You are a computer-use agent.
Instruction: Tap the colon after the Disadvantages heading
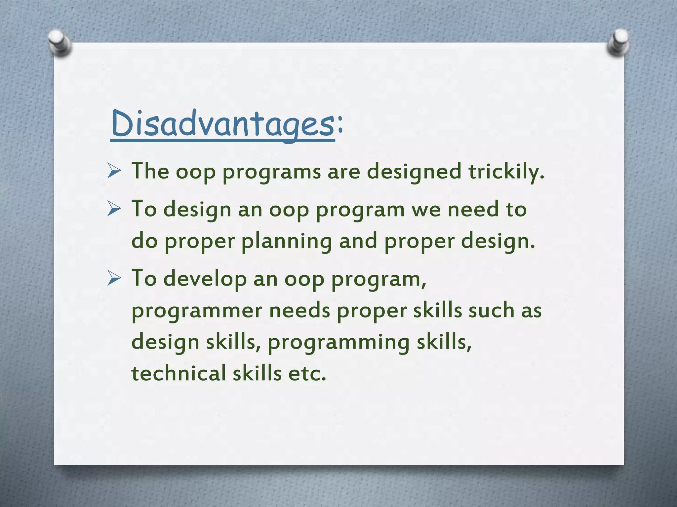[x=340, y=125]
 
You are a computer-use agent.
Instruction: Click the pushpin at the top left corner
[x=59, y=43]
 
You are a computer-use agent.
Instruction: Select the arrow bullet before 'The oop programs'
[x=114, y=172]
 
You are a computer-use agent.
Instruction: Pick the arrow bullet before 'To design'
[x=114, y=210]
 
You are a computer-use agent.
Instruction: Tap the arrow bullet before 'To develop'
[x=114, y=279]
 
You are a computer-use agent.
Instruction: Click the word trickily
[x=506, y=172]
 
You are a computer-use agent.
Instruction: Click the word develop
[x=205, y=279]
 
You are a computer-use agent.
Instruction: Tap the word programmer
[x=197, y=311]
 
